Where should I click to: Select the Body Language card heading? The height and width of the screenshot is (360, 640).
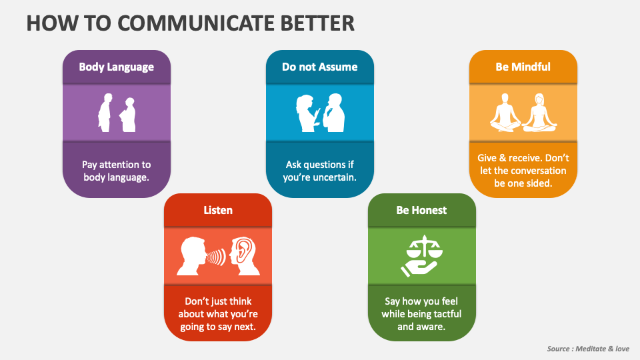(x=117, y=67)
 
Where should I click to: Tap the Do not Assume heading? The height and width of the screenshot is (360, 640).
(x=319, y=67)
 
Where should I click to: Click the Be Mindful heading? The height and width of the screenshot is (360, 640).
(x=523, y=67)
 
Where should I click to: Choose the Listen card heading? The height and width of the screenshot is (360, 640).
(x=218, y=210)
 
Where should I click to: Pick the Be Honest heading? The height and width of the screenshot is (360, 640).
(x=421, y=210)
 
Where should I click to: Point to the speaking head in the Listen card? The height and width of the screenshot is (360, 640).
(x=192, y=256)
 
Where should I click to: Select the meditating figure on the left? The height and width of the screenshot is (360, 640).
(x=505, y=112)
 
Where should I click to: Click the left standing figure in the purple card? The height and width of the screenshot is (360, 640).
(x=105, y=113)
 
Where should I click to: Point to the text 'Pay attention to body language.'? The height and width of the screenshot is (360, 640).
(x=117, y=171)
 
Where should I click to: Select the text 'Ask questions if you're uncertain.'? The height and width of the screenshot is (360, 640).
(x=320, y=171)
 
